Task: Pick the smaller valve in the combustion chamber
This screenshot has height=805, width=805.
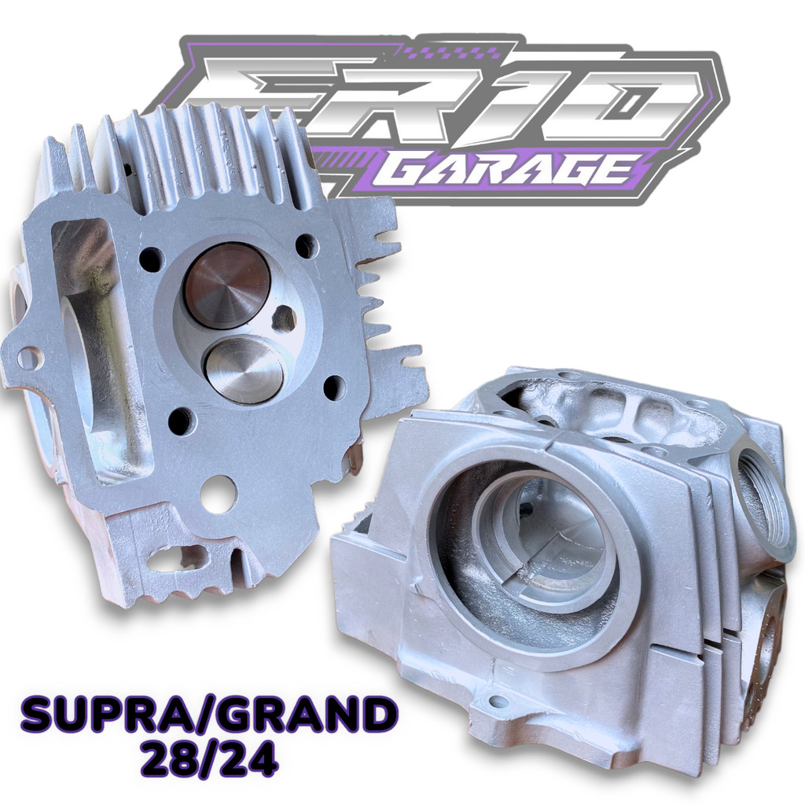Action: pos(243,369)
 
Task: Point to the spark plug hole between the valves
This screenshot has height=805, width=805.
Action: pos(283,318)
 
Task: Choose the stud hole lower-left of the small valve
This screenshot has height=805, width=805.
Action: pos(181,421)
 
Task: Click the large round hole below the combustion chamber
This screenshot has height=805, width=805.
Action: pos(219,494)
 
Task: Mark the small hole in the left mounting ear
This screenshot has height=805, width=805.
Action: pos(29,358)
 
